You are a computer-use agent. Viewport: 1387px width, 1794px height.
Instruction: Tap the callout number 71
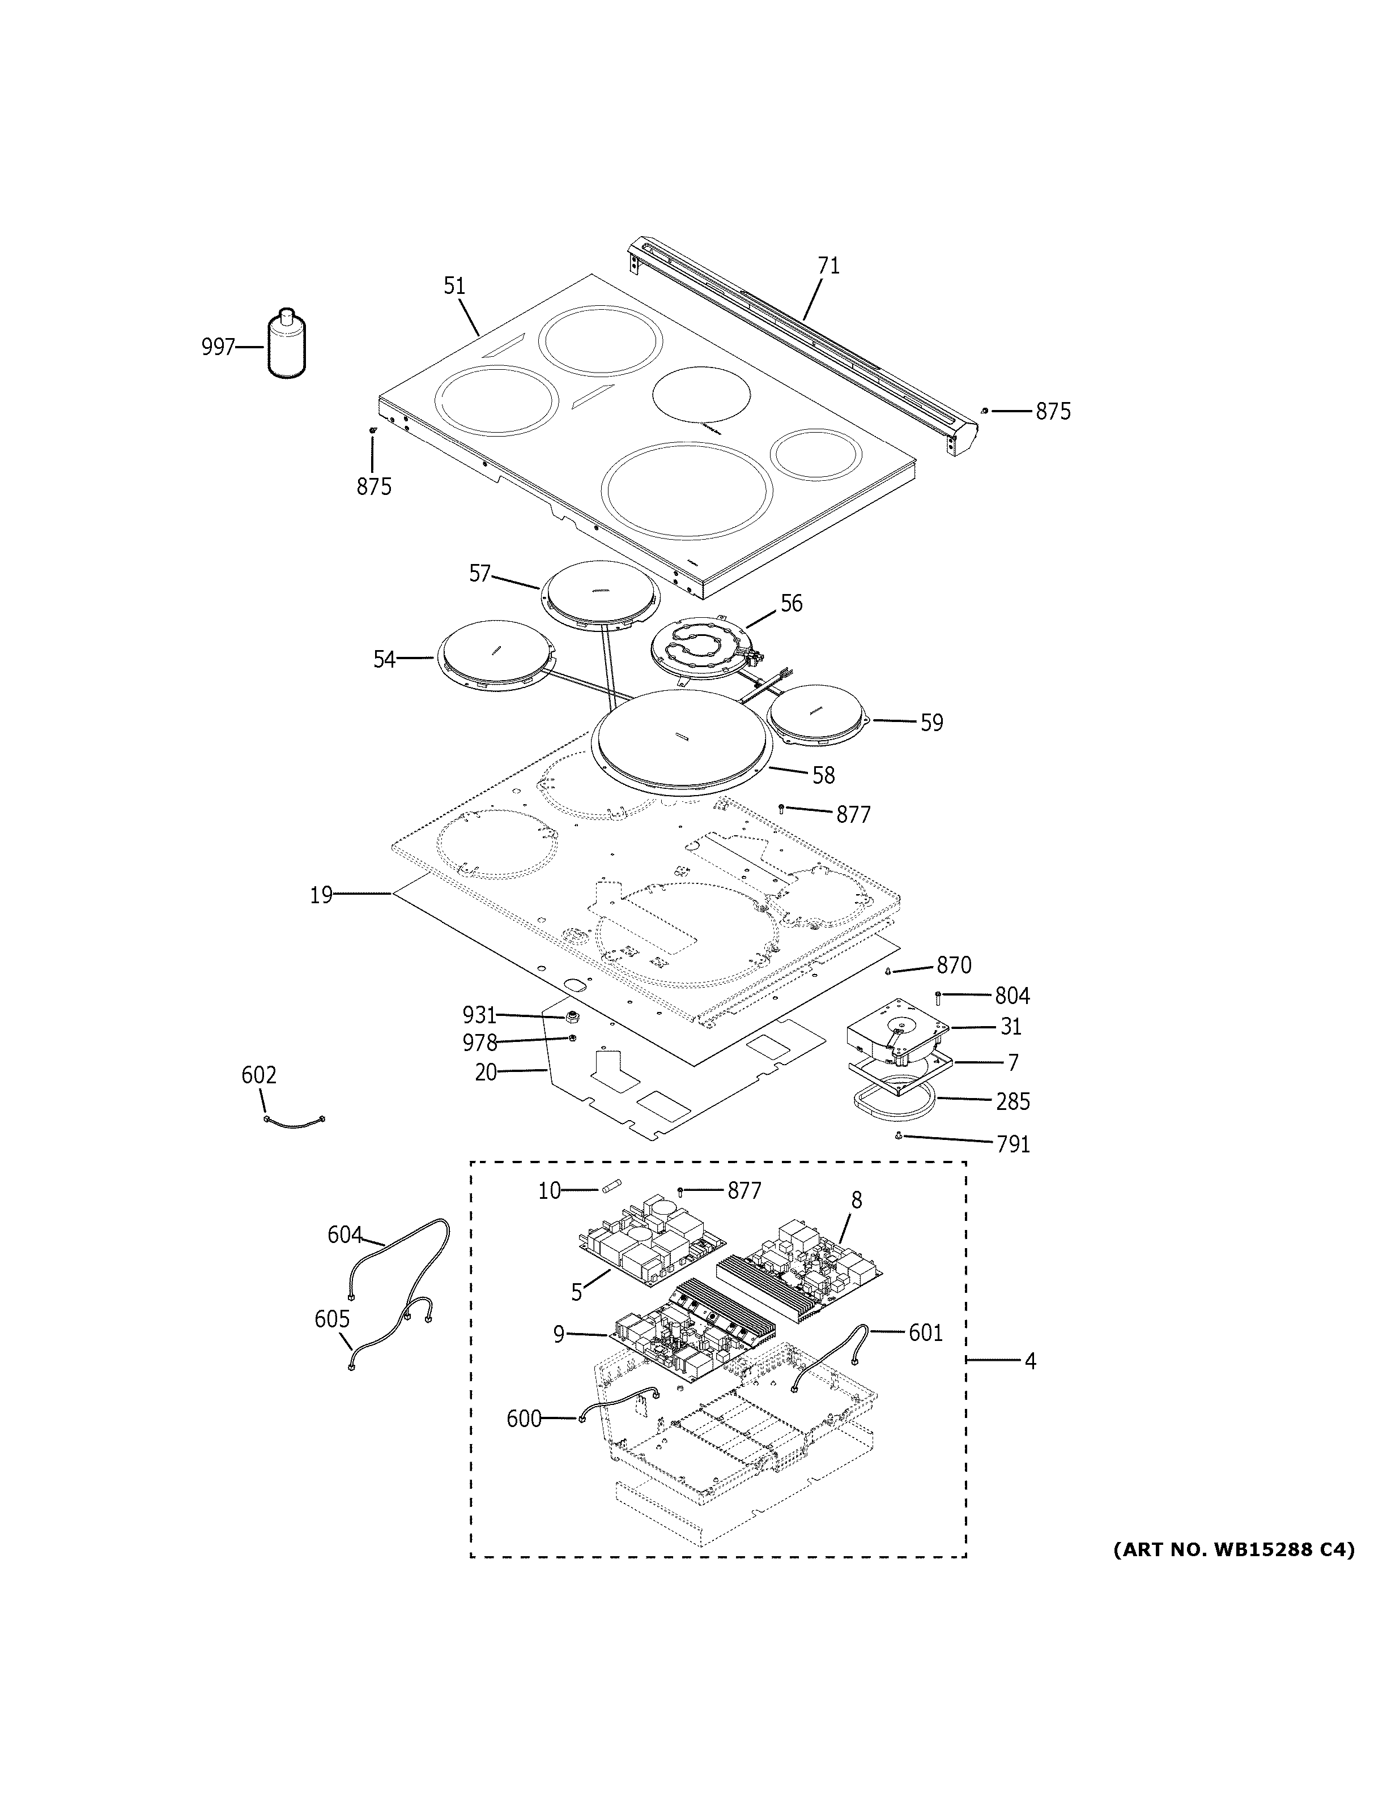pos(828,266)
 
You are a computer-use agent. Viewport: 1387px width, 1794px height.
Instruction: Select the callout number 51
pos(454,286)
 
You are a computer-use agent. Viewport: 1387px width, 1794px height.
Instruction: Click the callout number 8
pos(856,1200)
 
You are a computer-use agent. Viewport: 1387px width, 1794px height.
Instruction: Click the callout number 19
pos(321,895)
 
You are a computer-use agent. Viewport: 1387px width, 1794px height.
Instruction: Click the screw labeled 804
pos(938,997)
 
